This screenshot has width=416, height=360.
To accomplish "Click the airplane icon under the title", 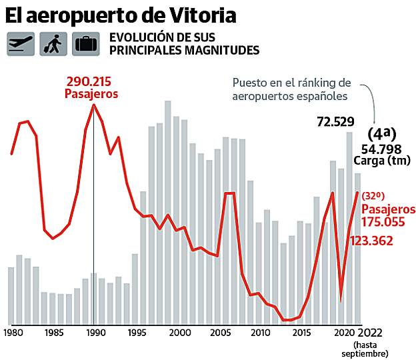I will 21,43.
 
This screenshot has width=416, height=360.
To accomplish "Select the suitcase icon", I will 86,43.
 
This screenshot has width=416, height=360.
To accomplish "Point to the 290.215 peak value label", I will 89,82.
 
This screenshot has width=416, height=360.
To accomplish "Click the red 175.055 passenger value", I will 383,222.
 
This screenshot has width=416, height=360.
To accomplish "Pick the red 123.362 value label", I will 371,241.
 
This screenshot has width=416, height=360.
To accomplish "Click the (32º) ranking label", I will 374,196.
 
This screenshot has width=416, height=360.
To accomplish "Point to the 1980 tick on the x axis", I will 12,332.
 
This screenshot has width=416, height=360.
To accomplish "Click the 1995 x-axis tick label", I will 137,332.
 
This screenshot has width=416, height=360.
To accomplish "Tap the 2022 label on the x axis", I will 371,332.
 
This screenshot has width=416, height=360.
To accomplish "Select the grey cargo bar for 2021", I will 349,227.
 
